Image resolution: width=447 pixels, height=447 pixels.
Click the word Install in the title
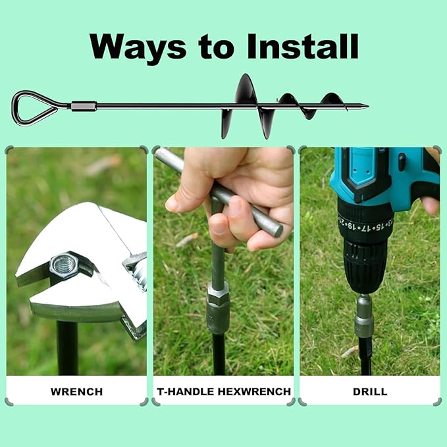coord(303,46)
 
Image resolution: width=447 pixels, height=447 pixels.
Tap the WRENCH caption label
coord(76,392)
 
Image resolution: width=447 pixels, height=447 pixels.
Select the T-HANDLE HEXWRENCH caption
coord(224,392)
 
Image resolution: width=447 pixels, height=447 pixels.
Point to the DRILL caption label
coord(370,392)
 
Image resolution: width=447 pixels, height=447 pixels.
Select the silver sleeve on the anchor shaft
coord(84,107)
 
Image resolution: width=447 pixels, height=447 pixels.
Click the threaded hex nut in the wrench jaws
coord(63,266)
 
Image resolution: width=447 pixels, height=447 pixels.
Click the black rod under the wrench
coord(67,348)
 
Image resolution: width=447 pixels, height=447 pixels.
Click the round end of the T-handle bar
coord(276,230)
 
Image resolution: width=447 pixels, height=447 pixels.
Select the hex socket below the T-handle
coord(218,307)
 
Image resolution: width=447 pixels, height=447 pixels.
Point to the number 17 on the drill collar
coord(362,228)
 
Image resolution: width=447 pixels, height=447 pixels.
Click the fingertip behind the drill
coord(431,205)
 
